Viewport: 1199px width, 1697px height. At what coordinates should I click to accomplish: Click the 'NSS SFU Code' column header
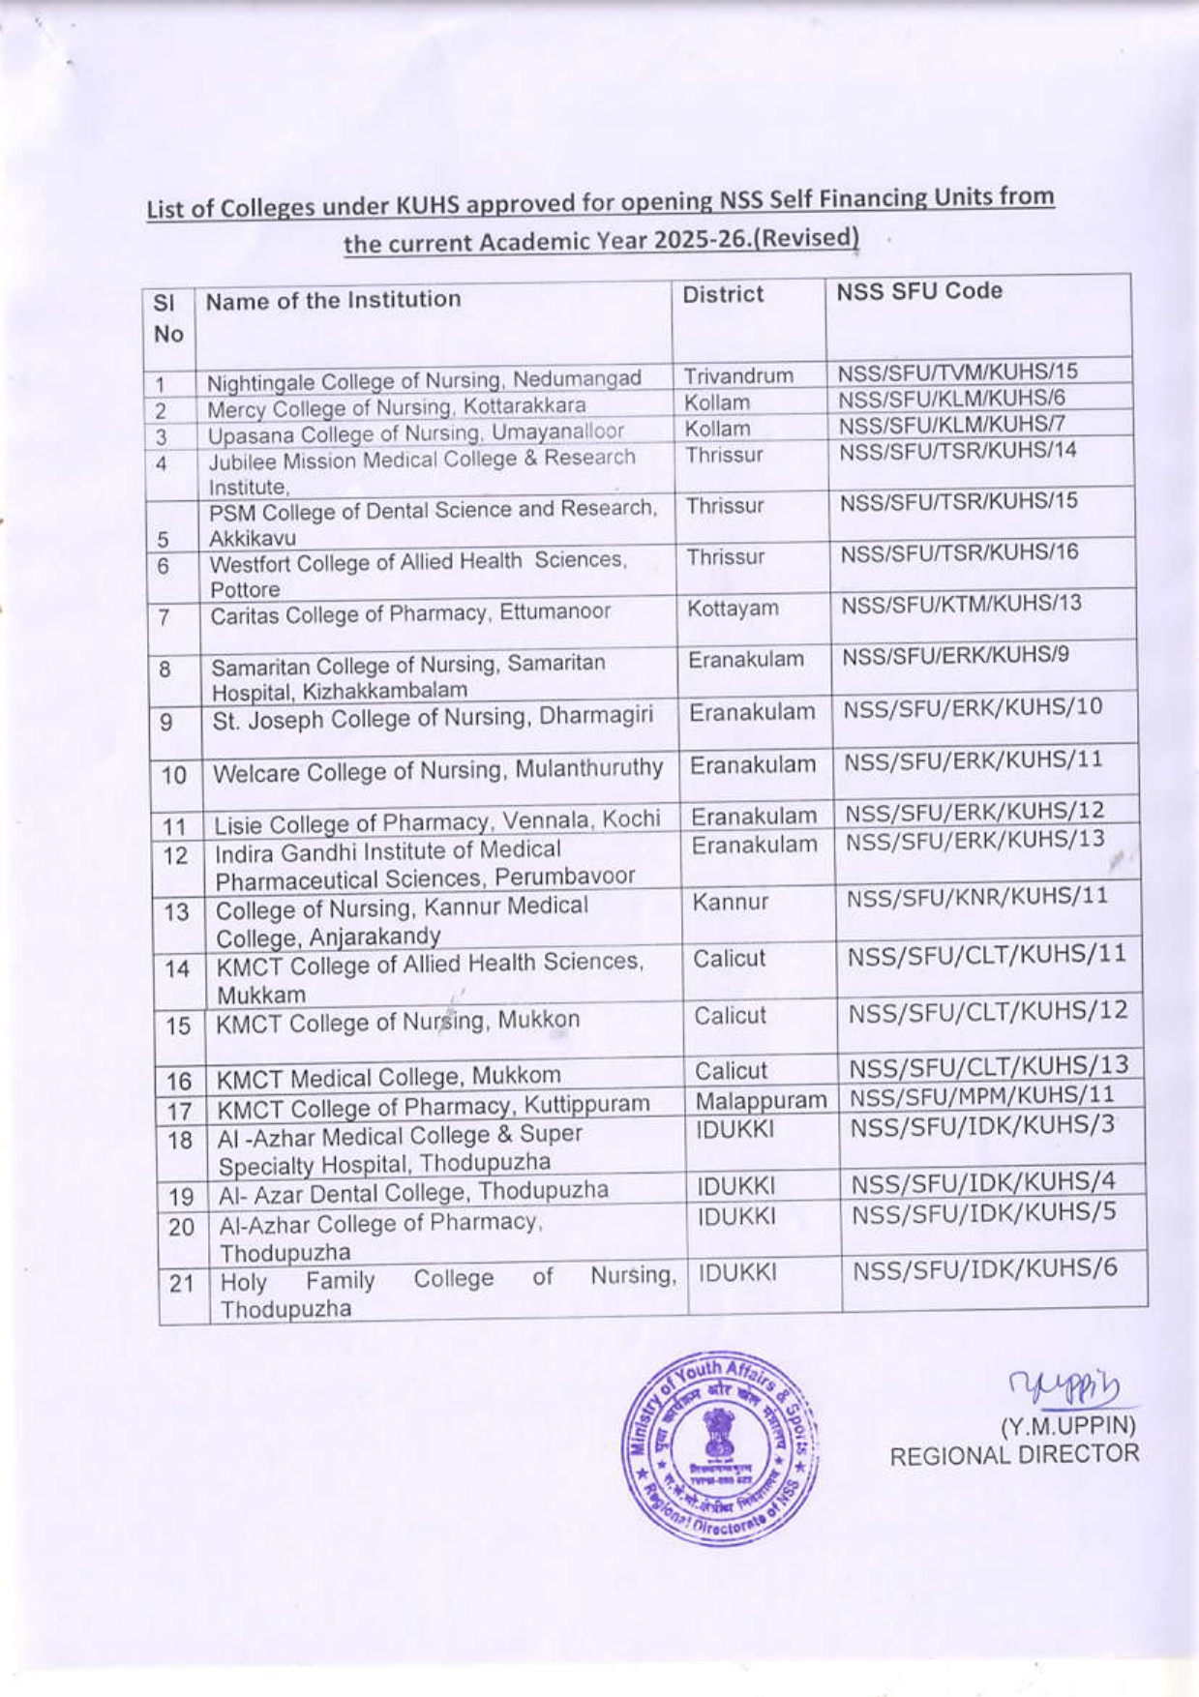click(x=919, y=291)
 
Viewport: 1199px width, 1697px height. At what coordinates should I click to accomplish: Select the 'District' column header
click(x=723, y=294)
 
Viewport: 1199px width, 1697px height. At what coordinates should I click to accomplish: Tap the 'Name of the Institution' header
click(x=333, y=300)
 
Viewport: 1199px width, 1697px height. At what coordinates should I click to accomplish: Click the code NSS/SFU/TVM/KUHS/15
click(x=957, y=372)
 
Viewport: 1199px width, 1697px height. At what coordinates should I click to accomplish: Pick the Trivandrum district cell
click(x=738, y=376)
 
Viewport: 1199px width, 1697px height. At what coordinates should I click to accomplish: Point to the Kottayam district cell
click(x=733, y=609)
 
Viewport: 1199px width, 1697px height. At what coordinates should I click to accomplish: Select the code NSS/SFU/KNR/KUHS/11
click(x=977, y=897)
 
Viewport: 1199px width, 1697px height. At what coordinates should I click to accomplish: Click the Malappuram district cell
click(x=761, y=1100)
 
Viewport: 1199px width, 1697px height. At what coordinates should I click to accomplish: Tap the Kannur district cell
click(x=731, y=902)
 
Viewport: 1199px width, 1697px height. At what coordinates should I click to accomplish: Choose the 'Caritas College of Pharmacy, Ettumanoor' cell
click(x=410, y=612)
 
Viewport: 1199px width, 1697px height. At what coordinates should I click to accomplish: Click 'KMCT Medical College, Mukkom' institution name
click(x=388, y=1077)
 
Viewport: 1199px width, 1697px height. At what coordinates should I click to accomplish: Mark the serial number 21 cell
click(x=182, y=1284)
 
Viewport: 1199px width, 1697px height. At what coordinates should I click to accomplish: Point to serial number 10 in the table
click(x=173, y=775)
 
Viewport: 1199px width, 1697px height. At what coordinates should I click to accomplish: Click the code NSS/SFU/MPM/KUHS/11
click(x=982, y=1095)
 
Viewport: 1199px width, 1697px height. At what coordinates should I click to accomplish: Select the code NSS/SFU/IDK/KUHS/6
click(x=985, y=1267)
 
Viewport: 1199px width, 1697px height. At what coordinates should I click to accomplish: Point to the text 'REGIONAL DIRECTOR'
click(x=1014, y=1454)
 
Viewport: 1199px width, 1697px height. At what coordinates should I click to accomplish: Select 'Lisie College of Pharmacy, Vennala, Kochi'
click(x=437, y=822)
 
